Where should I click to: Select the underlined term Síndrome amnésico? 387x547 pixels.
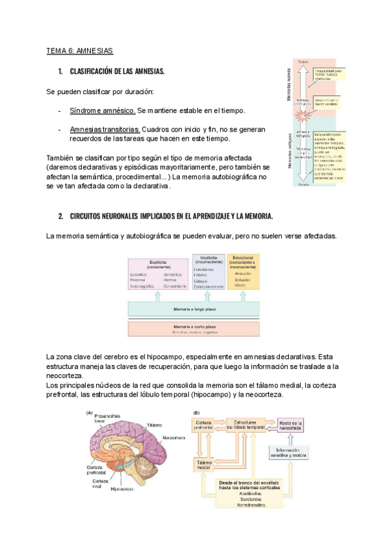[102, 110]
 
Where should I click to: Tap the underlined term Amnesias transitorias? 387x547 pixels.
[104, 129]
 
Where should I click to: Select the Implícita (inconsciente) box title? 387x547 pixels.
[208, 259]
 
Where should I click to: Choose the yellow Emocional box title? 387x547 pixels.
[243, 262]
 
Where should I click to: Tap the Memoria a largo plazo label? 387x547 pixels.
[193, 310]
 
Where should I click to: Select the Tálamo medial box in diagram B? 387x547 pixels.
[205, 466]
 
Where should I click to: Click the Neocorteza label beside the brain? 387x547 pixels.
[174, 437]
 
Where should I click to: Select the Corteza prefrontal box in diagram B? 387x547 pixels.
[204, 425]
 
